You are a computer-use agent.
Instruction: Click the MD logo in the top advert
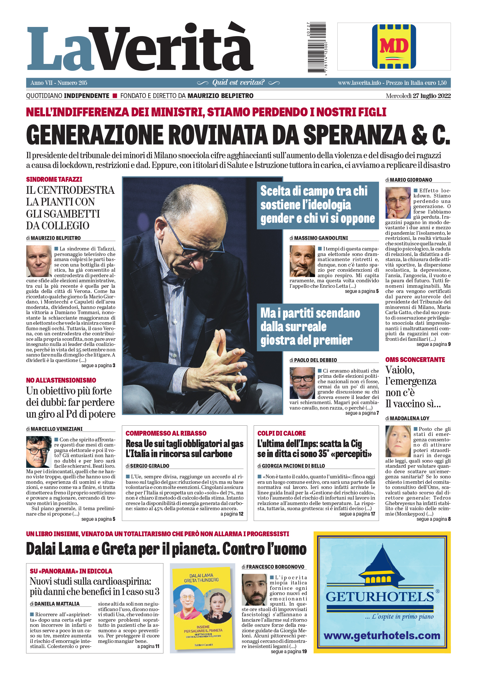[394, 47]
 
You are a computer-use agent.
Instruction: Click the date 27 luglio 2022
[432, 96]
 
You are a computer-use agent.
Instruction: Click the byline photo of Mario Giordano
[398, 203]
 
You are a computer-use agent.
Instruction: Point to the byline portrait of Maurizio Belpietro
[39, 261]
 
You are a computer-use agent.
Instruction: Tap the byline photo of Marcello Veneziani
[39, 452]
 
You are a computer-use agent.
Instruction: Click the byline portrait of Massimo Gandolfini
[302, 261]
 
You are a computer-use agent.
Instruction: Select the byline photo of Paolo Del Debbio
[302, 383]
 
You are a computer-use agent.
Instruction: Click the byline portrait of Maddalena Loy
[398, 441]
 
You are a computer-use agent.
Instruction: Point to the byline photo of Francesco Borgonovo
[254, 590]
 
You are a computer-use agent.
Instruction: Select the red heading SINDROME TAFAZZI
[54, 179]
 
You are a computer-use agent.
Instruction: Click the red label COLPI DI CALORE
[281, 433]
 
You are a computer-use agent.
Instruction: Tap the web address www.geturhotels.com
[382, 635]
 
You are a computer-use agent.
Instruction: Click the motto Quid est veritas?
[238, 83]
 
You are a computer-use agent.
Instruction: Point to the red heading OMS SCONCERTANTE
[415, 359]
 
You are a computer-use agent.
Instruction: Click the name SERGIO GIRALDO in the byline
[150, 466]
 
